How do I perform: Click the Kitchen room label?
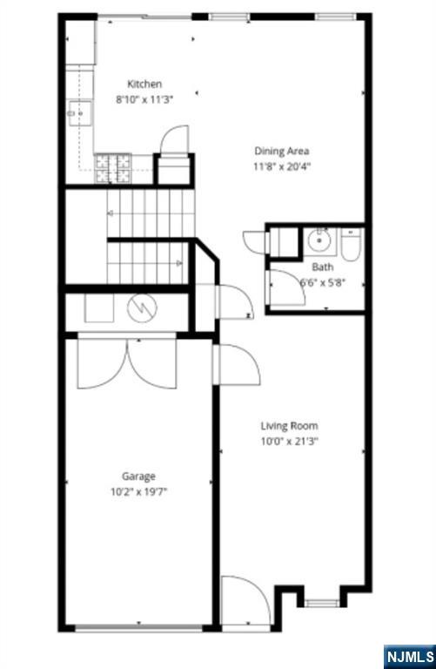[x=144, y=84]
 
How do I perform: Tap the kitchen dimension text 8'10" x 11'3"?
[x=144, y=99]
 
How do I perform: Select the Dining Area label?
[x=281, y=151]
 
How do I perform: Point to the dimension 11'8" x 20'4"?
[x=281, y=166]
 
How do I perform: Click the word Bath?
[x=322, y=267]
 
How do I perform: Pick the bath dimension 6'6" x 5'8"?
[x=322, y=281]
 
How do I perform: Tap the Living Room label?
[x=289, y=426]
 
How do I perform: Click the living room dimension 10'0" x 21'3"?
[x=289, y=441]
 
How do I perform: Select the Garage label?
[x=138, y=476]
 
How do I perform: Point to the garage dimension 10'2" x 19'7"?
[x=138, y=491]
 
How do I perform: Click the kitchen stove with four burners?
[x=112, y=168]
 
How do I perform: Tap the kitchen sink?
[x=80, y=113]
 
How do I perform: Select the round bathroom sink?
[x=319, y=240]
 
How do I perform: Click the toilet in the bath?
[x=350, y=244]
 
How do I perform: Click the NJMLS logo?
[x=408, y=655]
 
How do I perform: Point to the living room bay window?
[x=321, y=602]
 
